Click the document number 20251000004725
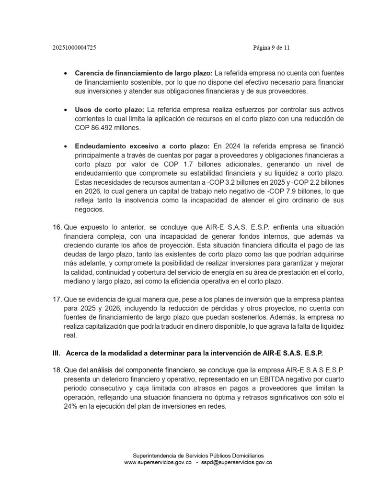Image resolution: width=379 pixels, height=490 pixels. (77, 48)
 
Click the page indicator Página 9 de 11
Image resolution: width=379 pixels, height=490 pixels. (271, 48)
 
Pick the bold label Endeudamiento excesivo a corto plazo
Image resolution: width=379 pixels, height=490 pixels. (142, 146)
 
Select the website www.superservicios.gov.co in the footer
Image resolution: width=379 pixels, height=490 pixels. (158, 463)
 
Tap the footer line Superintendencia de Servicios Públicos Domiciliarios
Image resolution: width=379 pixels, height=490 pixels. (198, 456)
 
